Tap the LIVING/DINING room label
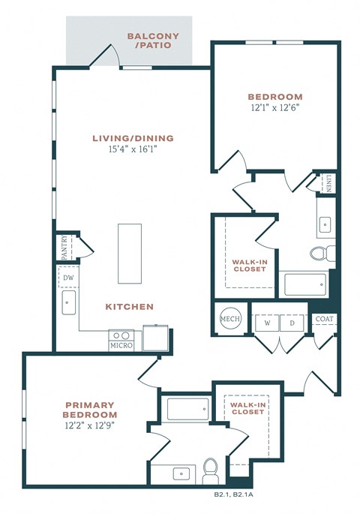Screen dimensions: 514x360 point(133,138)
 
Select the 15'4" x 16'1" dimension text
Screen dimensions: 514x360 point(133,149)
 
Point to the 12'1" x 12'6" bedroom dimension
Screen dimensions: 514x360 point(275,108)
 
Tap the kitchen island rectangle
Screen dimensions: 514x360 point(129,253)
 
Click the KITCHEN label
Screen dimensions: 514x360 point(129,307)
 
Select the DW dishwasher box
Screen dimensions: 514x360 point(68,278)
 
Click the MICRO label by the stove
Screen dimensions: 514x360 point(121,346)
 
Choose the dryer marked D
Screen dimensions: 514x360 point(292,323)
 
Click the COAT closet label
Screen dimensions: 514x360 point(325,319)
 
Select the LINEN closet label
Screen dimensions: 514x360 point(330,183)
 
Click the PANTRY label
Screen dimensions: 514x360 point(64,247)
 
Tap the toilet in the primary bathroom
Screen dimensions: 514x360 point(211,468)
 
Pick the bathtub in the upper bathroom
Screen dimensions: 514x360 point(305,284)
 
